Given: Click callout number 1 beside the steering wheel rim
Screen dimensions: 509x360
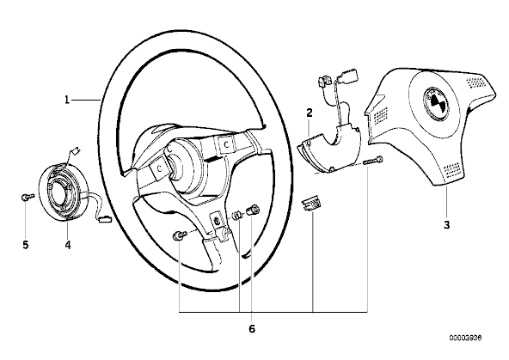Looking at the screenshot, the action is click(x=67, y=100).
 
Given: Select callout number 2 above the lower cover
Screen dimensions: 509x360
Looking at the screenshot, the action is click(x=310, y=113).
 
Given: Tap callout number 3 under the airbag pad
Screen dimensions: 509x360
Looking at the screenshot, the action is click(x=447, y=225).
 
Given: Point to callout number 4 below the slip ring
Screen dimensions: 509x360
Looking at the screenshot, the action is click(x=68, y=245).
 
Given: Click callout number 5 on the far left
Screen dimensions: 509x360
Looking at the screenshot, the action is click(x=26, y=245).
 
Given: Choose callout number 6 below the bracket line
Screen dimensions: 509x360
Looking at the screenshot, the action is click(x=252, y=329).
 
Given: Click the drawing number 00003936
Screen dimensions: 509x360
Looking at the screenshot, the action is click(x=465, y=338).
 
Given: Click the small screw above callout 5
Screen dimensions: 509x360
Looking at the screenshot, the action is click(x=28, y=197).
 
